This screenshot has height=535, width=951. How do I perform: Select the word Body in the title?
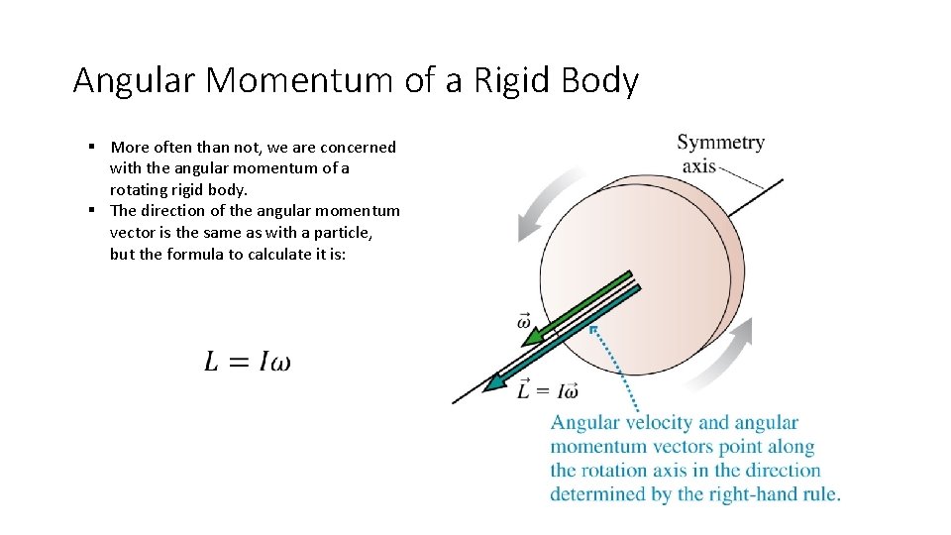(x=599, y=80)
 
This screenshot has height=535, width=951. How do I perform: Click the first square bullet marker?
(x=90, y=147)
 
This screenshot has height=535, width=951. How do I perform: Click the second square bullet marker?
(x=90, y=210)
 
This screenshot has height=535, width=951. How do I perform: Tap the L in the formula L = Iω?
(x=212, y=362)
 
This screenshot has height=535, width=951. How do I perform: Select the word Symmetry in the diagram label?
(x=720, y=143)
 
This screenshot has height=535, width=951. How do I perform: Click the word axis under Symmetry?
(x=698, y=165)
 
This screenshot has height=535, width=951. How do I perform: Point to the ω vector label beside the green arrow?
(x=524, y=321)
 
